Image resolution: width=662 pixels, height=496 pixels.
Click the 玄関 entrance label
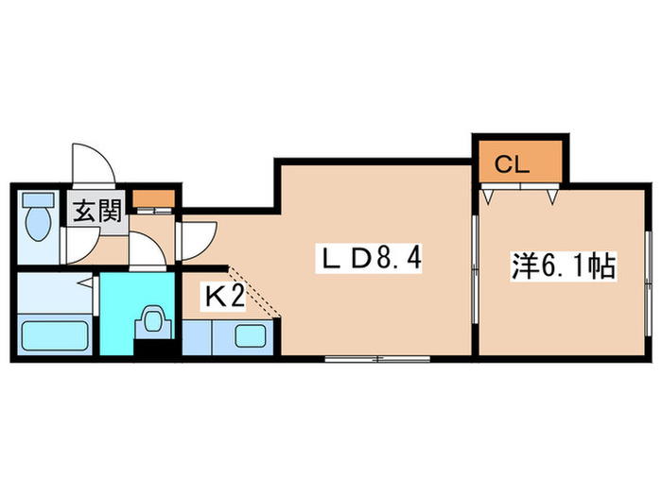[x=97, y=211]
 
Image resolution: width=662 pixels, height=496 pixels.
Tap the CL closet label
[x=512, y=164]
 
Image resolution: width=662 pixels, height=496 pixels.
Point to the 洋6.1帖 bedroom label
[x=564, y=266]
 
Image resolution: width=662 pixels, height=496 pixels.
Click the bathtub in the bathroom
[x=55, y=335]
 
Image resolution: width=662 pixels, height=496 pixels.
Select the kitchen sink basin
[x=251, y=335]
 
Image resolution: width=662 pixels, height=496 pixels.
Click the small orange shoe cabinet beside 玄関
[x=153, y=198]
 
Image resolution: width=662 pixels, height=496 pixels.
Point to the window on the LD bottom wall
[x=377, y=359]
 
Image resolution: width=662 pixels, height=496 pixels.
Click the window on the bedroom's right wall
[x=649, y=283]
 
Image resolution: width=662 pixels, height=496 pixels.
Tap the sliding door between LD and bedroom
[x=476, y=269]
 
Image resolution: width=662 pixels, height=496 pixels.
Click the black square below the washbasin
[x=153, y=351]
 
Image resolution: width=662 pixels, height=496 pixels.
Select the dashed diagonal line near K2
[x=253, y=292]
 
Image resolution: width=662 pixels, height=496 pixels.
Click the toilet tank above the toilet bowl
[x=39, y=200]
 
